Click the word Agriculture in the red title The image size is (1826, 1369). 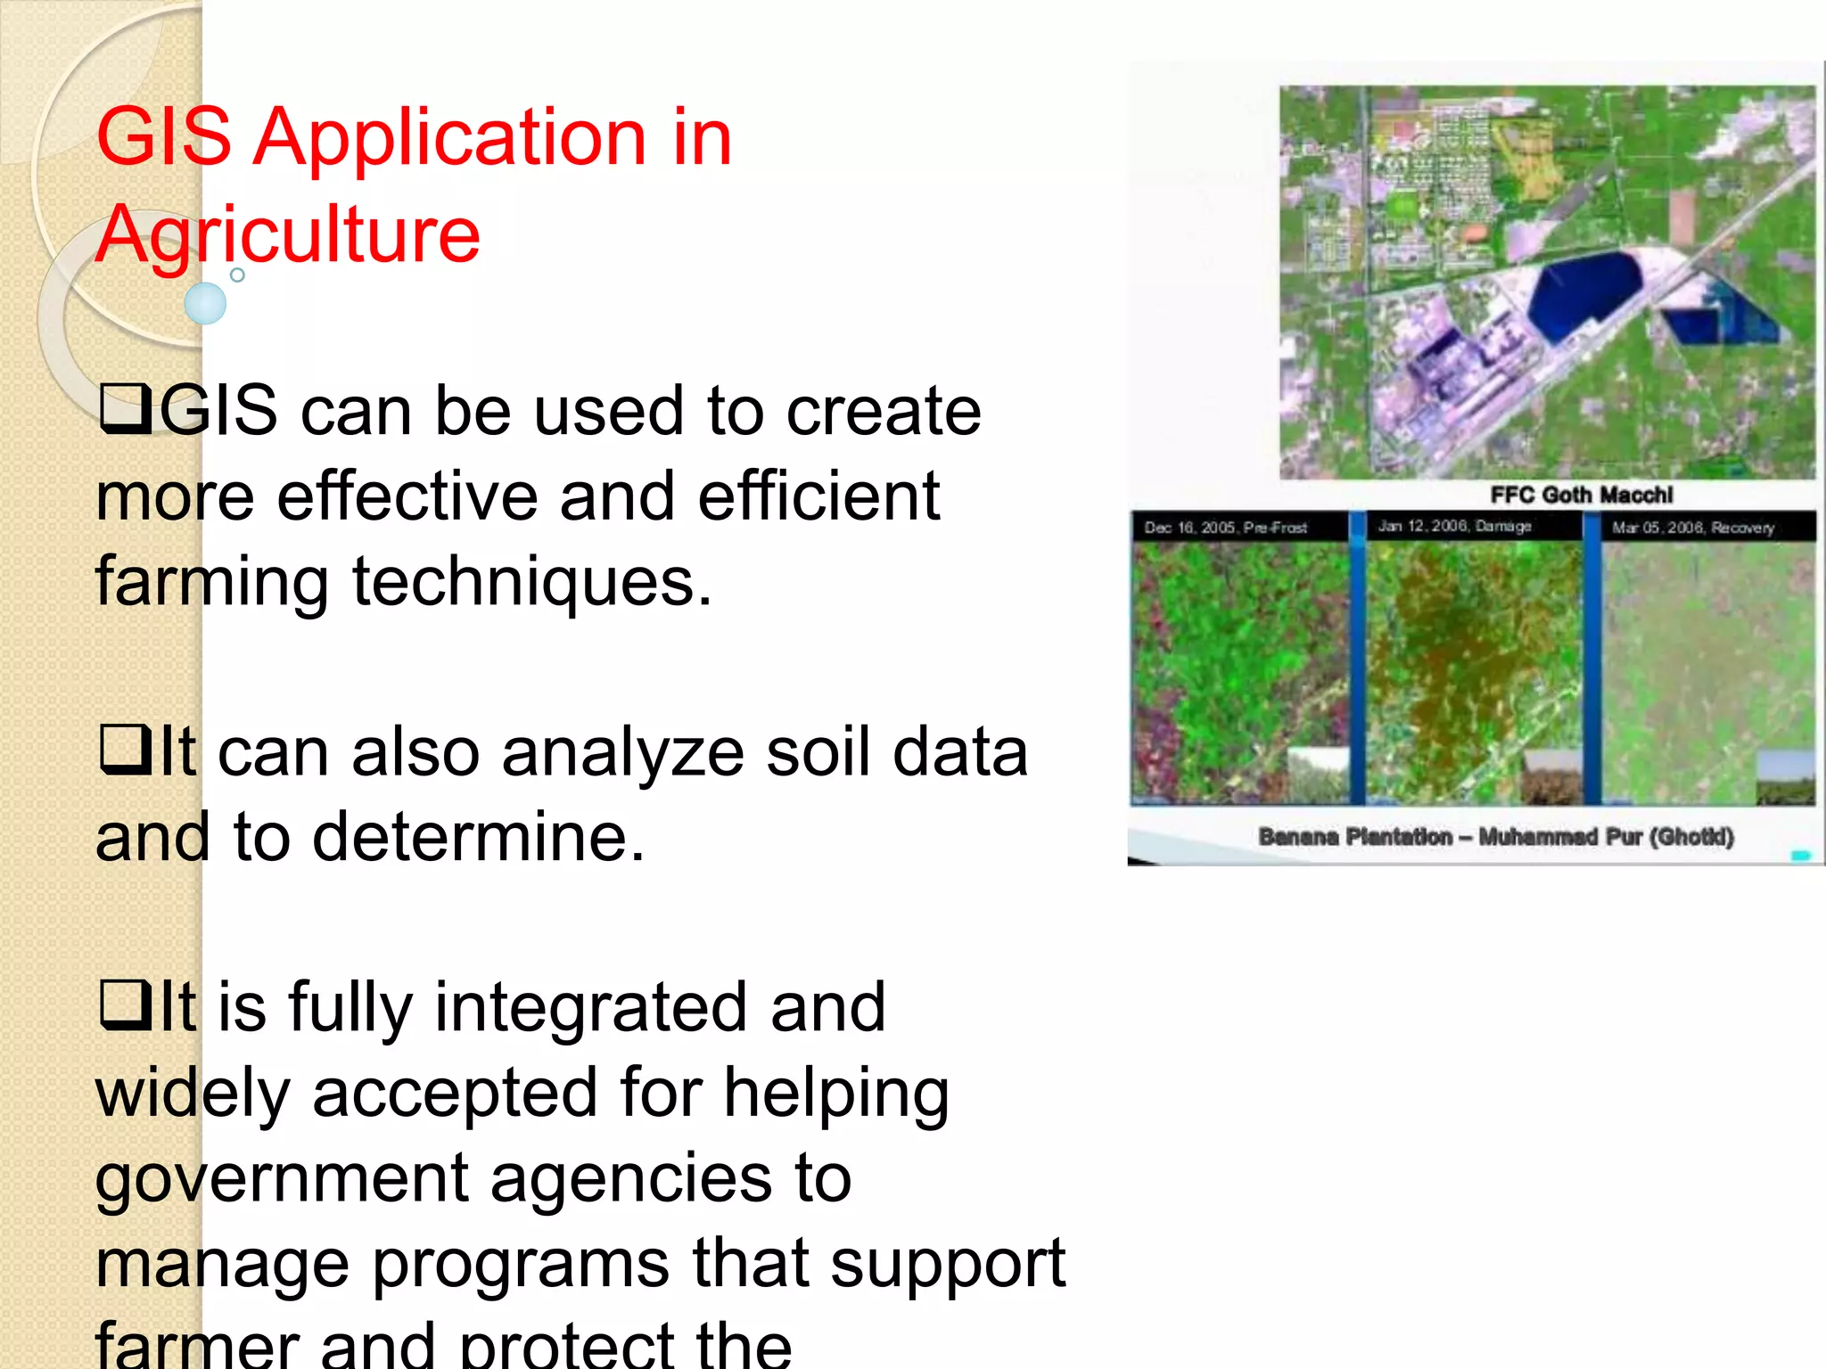click(x=287, y=235)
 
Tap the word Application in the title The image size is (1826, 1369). click(x=449, y=137)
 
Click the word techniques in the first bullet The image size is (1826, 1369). click(x=531, y=581)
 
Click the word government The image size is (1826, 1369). click(x=282, y=1178)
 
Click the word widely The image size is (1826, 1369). click(x=193, y=1093)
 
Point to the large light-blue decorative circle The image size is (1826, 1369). click(x=205, y=303)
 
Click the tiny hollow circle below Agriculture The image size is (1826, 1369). click(x=237, y=275)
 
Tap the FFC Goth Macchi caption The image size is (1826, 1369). click(x=1581, y=495)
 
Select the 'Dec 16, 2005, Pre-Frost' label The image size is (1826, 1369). click(x=1226, y=528)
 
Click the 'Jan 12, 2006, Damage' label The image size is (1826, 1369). click(x=1454, y=526)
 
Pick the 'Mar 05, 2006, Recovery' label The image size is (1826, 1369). click(x=1692, y=528)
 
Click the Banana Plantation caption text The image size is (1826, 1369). click(x=1495, y=836)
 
